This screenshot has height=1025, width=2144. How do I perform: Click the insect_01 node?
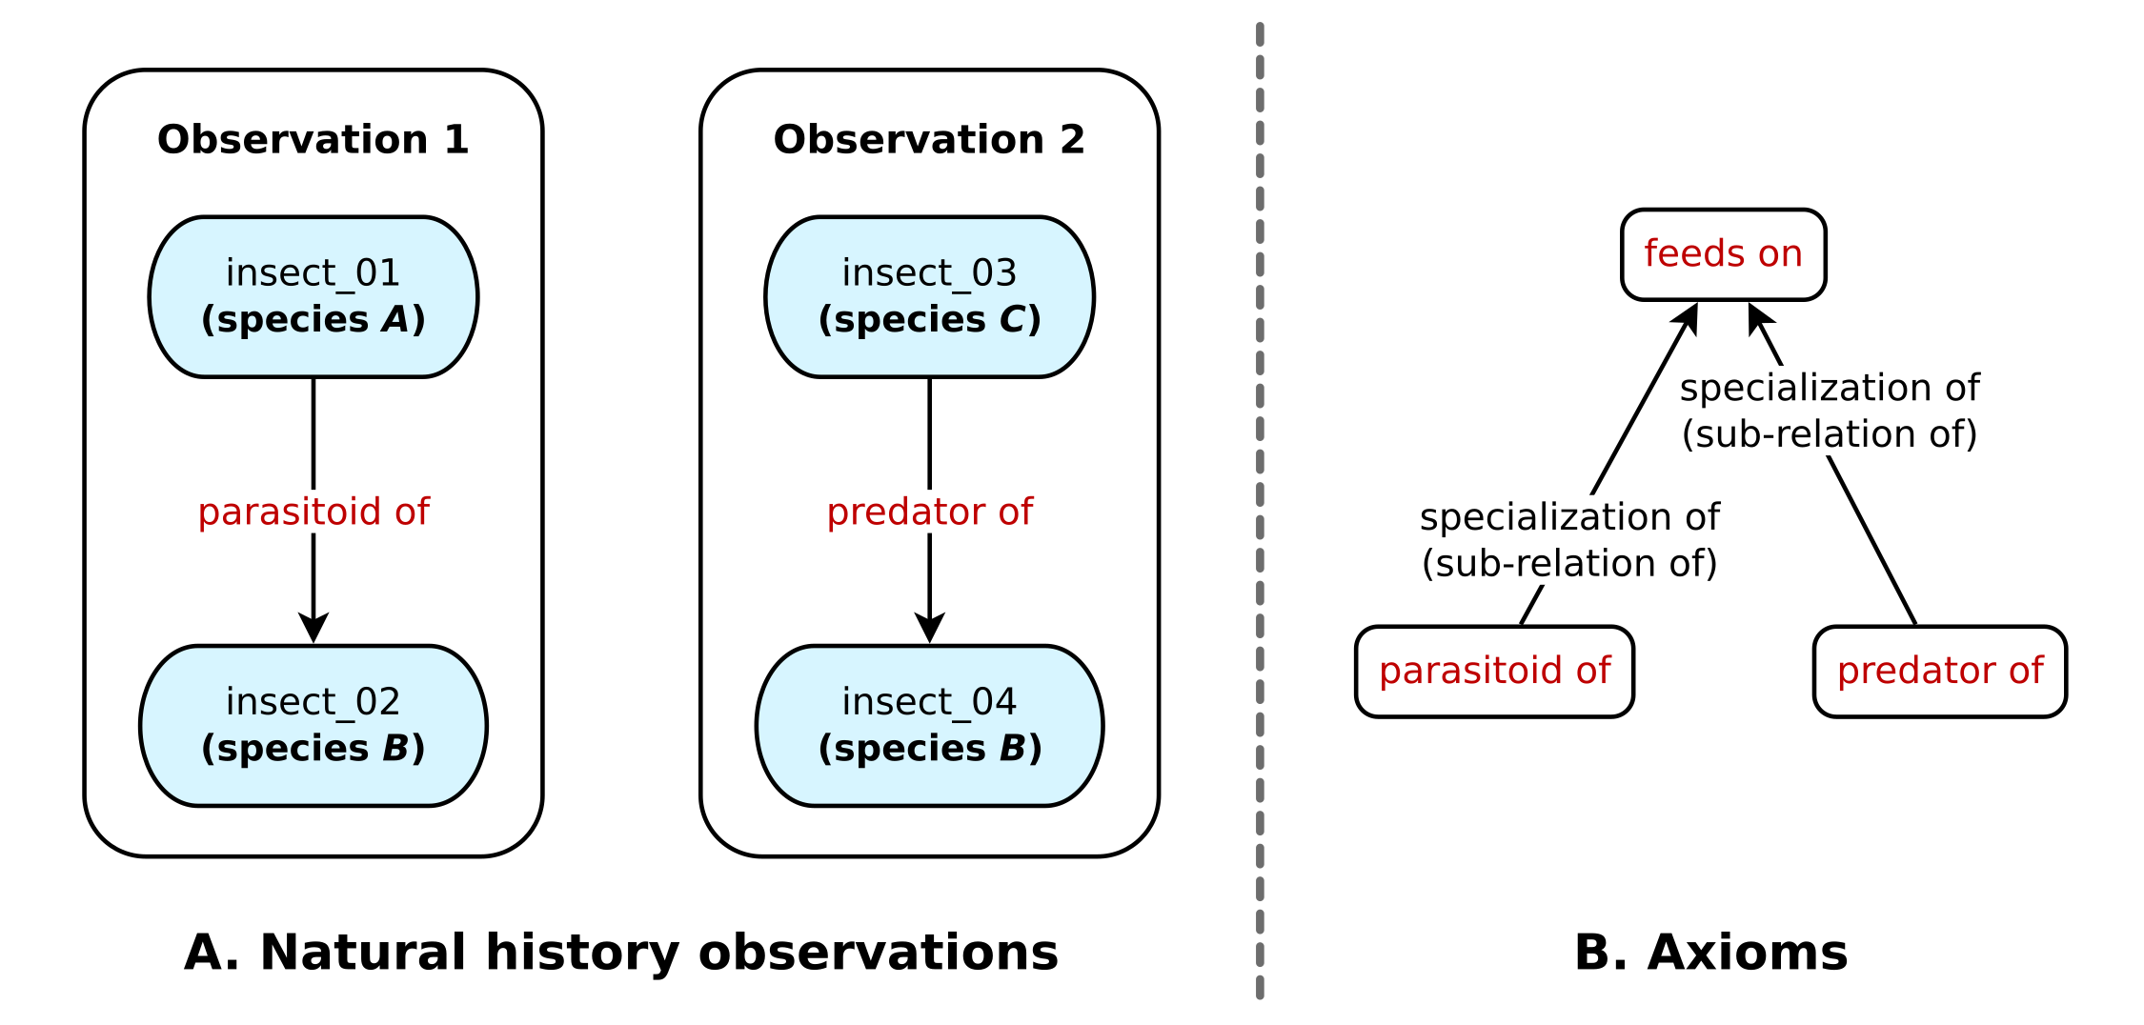coord(314,297)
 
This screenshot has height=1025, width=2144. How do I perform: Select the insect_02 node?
coord(314,726)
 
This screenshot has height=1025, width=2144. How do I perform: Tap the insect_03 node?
coord(929,297)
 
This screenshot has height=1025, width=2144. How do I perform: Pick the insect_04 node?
coord(929,726)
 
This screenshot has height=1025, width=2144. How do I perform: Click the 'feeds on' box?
coord(1723,254)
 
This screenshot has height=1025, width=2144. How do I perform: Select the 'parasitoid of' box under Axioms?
coord(1494,672)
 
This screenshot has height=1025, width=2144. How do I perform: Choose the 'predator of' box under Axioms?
coord(1940,672)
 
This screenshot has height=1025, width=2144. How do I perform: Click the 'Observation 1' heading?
coord(314,140)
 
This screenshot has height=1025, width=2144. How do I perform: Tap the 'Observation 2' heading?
coord(929,140)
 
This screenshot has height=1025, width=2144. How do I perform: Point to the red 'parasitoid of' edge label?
coord(314,512)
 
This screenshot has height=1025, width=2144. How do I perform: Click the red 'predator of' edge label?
coord(929,512)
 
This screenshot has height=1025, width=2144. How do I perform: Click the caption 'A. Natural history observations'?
coord(621,953)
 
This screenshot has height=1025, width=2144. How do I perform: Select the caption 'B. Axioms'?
coord(1711,953)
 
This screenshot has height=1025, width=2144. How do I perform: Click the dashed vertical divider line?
coord(1260,511)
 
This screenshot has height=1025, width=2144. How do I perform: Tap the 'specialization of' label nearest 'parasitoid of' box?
coord(1569,518)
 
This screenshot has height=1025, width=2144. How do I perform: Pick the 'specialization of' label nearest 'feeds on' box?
coord(1830,389)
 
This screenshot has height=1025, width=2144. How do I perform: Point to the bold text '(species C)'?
coord(929,320)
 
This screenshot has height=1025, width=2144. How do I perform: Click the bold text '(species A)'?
coord(314,320)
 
